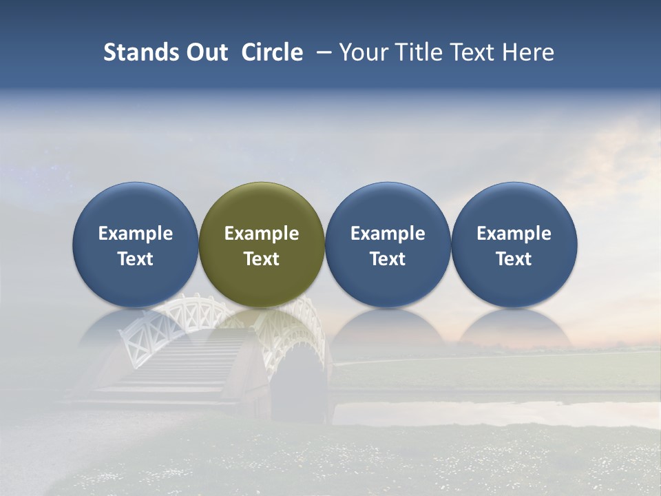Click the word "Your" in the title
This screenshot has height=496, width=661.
tap(362, 52)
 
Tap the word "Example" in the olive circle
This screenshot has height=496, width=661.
tap(262, 234)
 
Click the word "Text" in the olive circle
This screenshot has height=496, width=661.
tap(262, 259)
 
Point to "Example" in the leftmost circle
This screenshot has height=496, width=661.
tap(135, 234)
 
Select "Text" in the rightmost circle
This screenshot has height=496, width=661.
tap(514, 259)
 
